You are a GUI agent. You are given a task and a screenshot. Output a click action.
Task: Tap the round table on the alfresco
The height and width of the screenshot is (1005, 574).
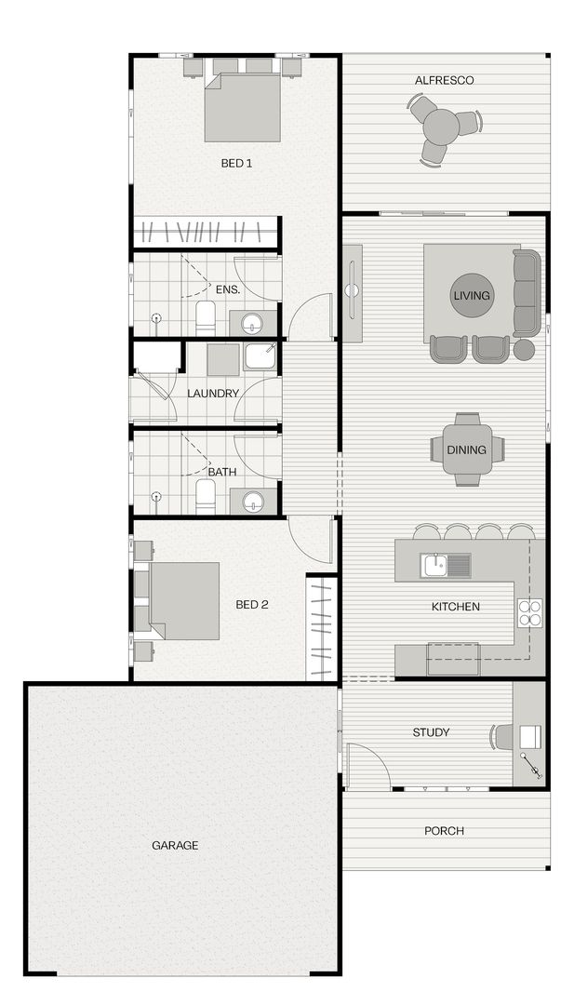coord(442,126)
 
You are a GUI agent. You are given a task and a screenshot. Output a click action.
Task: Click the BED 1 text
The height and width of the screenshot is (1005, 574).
coord(236,164)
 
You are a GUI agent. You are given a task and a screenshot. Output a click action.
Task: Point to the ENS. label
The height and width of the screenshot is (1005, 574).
coord(228,289)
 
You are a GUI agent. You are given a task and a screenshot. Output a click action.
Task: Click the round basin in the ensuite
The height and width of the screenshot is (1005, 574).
coord(252,324)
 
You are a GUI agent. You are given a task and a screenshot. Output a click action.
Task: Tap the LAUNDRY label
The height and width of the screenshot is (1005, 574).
coord(213,394)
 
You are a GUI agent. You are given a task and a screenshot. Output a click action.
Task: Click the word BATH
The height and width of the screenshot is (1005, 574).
coord(222,472)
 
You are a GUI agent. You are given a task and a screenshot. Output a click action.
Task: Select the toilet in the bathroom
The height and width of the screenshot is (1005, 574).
coord(206,498)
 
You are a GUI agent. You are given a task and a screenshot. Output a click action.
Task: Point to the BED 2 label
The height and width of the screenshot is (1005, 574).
coord(251,605)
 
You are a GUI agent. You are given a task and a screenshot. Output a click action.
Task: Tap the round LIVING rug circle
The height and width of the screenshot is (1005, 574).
coord(471,296)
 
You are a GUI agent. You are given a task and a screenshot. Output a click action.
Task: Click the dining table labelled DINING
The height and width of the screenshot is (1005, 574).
coord(467,449)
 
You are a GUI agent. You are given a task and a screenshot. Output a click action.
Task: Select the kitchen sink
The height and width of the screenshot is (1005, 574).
coord(434,565)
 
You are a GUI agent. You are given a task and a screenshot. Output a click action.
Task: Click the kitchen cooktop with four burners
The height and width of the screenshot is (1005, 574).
coord(529,611)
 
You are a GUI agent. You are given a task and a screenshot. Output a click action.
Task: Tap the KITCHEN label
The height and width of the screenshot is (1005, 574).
coord(456,607)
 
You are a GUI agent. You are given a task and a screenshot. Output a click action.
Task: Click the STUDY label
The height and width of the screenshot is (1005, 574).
coord(431,732)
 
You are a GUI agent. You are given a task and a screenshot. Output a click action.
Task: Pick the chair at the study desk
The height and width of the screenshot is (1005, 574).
coord(502,736)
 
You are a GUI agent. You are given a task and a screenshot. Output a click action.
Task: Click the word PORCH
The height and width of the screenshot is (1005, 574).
coord(444,831)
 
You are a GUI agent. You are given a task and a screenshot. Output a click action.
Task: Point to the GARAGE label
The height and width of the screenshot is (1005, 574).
coord(175,846)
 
